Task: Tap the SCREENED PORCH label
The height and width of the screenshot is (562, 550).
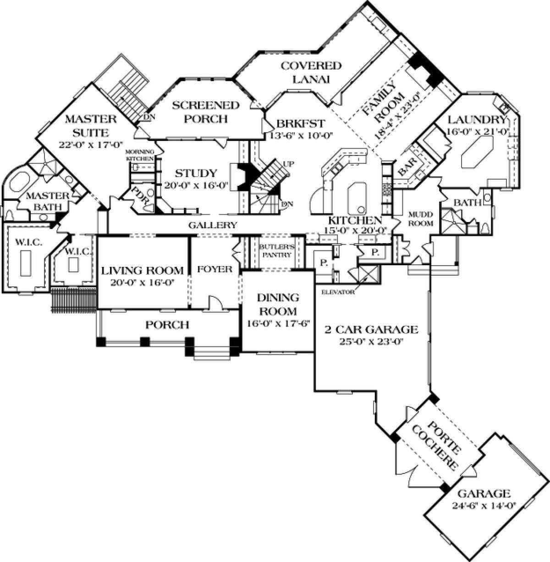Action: pos(206,112)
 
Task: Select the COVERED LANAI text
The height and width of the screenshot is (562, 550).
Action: pos(311,72)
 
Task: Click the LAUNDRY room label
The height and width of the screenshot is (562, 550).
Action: pos(477,120)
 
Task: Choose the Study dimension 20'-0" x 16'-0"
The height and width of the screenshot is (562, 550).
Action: pos(196,186)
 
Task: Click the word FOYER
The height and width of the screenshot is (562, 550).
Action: pos(214,269)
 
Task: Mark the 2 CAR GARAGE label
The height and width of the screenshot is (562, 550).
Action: pos(371,329)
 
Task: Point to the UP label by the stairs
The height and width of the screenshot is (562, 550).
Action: pos(287,163)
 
